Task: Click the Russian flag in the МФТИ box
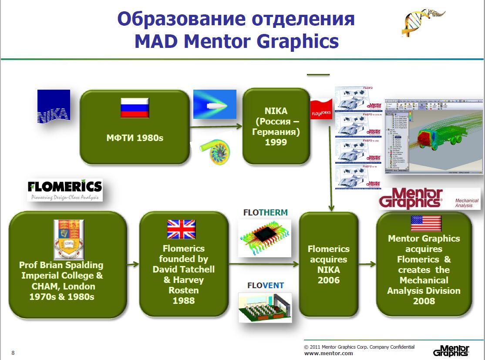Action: pos(135,108)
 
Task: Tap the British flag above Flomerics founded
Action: pos(182,230)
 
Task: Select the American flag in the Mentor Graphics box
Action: pos(426,223)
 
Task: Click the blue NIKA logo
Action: pos(54,107)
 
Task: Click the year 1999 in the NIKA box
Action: pos(276,142)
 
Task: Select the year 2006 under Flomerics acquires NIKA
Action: pos(328,280)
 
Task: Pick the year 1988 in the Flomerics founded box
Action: pos(183,300)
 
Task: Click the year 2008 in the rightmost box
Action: pos(424,301)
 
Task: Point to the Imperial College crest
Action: pos(68,239)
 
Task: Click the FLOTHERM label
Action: pos(265,213)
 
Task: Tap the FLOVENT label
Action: pos(265,286)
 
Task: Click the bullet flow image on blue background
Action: pos(214,104)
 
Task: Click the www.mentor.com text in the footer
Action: pos(328,353)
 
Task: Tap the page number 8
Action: pos(13,353)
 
